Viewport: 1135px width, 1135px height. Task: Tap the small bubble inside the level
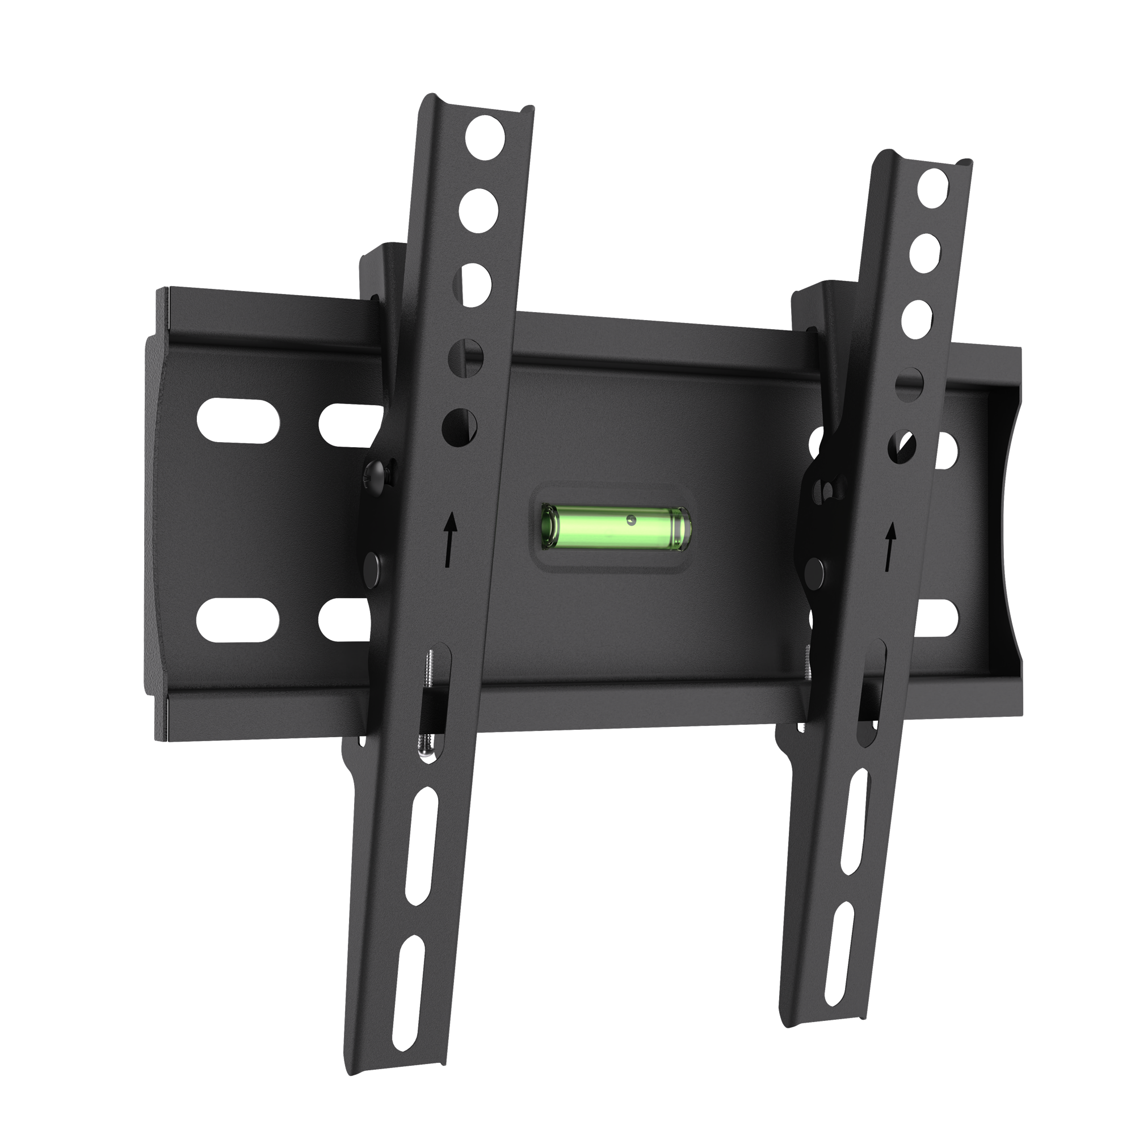(x=630, y=519)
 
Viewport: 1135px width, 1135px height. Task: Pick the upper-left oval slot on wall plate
(x=238, y=420)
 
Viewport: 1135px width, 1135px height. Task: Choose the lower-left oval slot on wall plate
(x=238, y=620)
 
